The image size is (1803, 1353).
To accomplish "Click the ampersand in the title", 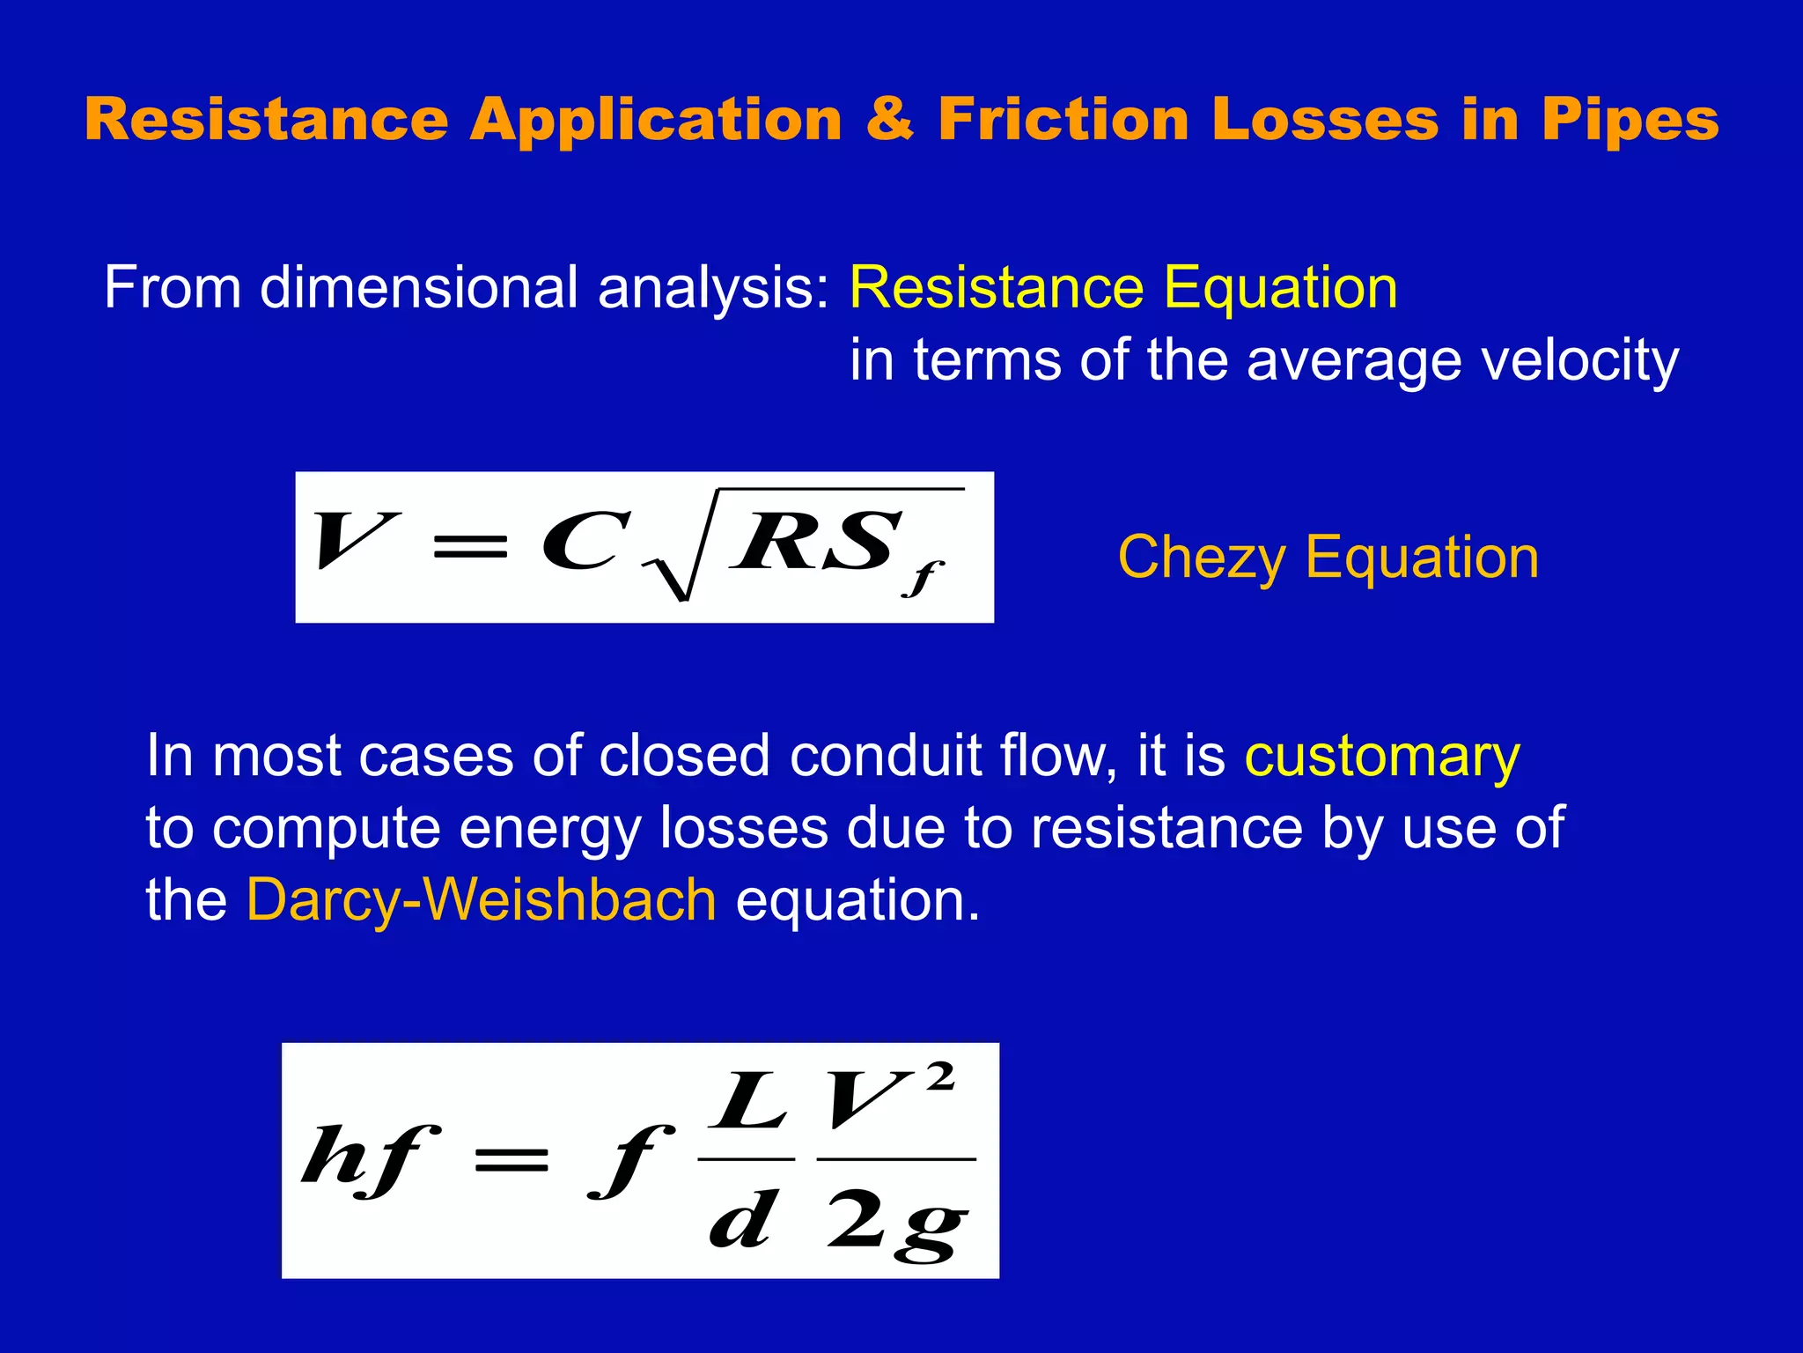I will tap(889, 119).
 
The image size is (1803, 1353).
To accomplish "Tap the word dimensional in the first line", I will tap(417, 288).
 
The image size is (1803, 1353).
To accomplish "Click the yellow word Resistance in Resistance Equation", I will tap(996, 288).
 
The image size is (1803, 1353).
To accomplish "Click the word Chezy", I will tap(1202, 558).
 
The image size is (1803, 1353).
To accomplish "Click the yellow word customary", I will tap(1381, 756).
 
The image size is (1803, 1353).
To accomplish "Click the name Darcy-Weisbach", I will tap(482, 900).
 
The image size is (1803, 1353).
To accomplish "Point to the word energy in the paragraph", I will tap(549, 830).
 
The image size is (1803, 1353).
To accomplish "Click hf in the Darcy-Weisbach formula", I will tap(369, 1158).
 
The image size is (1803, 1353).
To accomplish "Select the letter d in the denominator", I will tap(743, 1219).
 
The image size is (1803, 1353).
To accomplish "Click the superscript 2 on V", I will tap(940, 1076).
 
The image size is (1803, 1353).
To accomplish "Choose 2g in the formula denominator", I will tap(896, 1221).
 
